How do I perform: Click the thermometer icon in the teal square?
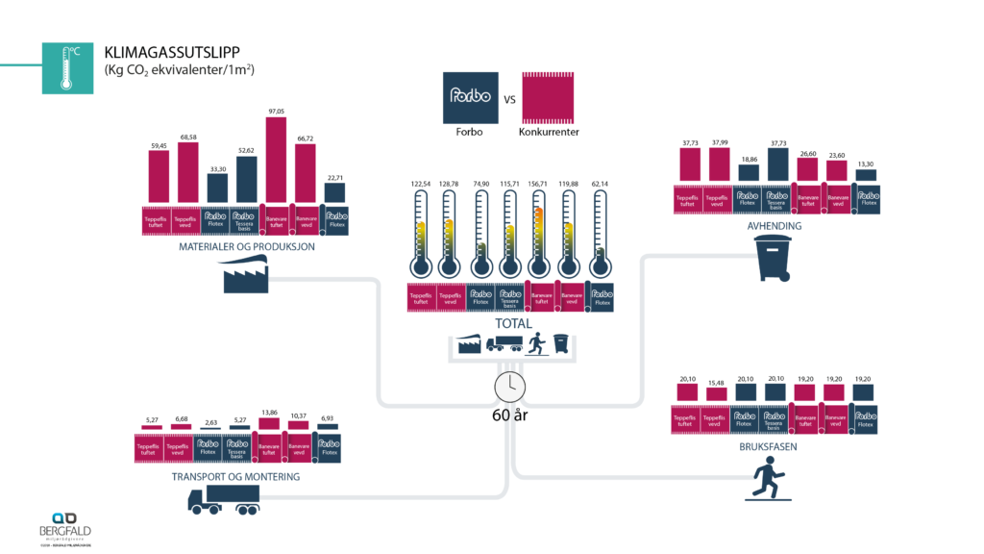[x=66, y=67]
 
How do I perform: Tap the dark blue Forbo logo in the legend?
[x=470, y=97]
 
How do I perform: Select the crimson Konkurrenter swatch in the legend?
[x=548, y=97]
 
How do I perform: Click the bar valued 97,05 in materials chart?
[x=276, y=160]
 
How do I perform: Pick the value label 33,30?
[x=218, y=168]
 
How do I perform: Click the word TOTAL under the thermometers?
[x=511, y=323]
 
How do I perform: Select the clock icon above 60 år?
[x=509, y=387]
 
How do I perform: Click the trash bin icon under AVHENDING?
[x=775, y=258]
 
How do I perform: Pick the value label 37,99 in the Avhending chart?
[x=719, y=143]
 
